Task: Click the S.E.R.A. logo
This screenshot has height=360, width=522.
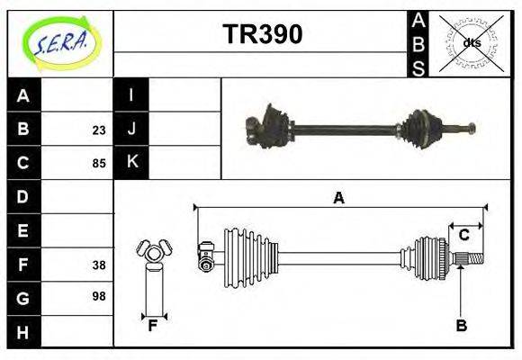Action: [59, 42]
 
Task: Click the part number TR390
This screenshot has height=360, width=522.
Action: [262, 35]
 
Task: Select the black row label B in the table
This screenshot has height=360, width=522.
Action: [23, 130]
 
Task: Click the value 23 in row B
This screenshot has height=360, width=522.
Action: [98, 130]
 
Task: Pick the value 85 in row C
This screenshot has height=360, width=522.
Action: [98, 164]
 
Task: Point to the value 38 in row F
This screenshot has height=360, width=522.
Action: [98, 265]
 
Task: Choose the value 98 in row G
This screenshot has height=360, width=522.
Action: [98, 295]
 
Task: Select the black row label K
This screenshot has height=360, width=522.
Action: [131, 163]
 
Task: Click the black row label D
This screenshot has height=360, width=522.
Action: [23, 196]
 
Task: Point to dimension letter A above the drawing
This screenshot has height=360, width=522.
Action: [338, 198]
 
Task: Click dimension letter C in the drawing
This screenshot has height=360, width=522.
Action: [463, 236]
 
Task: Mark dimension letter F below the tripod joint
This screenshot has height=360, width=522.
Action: [153, 326]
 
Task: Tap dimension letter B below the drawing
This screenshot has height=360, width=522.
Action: [461, 326]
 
